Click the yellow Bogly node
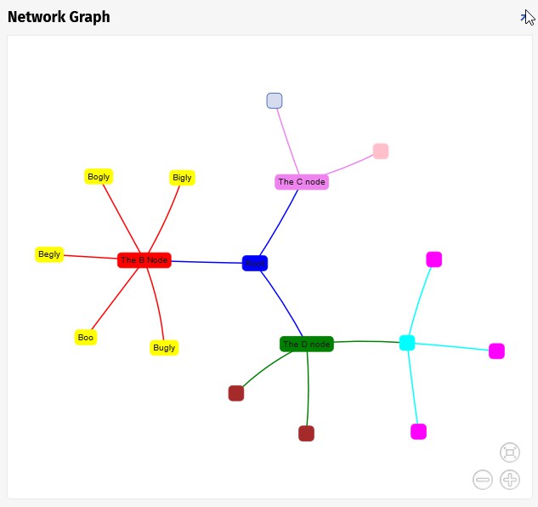tap(99, 177)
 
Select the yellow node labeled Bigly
tap(182, 178)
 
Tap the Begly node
tap(49, 254)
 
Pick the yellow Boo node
tap(86, 338)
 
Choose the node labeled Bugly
tap(164, 348)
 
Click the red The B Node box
tap(144, 260)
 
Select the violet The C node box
tap(302, 182)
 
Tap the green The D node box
tap(306, 345)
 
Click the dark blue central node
tap(255, 264)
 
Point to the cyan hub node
tap(407, 343)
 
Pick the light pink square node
tap(381, 151)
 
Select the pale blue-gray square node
tap(275, 101)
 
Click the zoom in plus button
tap(510, 480)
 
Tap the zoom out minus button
tap(483, 480)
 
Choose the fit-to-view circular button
tap(510, 452)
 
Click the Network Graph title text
tap(59, 17)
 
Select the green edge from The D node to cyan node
tap(365, 341)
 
